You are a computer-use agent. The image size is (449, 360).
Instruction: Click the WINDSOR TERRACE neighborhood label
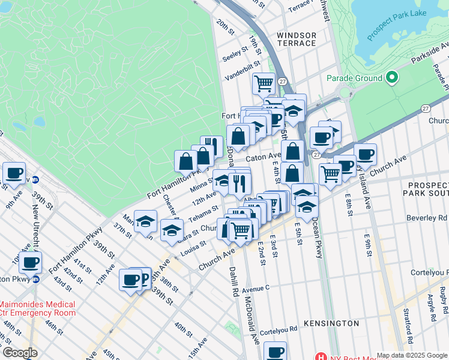coord(297,39)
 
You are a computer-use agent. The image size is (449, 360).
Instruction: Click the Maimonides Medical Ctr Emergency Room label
coord(37,308)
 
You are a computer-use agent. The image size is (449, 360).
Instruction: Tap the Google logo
coord(20,353)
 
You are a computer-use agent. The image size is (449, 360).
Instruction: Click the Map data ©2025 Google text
coord(411,355)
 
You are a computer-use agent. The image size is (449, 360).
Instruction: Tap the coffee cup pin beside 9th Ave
coord(14,173)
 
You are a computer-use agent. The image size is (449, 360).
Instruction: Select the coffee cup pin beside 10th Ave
coord(30,261)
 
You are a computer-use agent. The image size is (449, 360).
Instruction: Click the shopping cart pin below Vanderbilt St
coord(264,84)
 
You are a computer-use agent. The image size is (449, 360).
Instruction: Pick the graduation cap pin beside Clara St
coord(172,230)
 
